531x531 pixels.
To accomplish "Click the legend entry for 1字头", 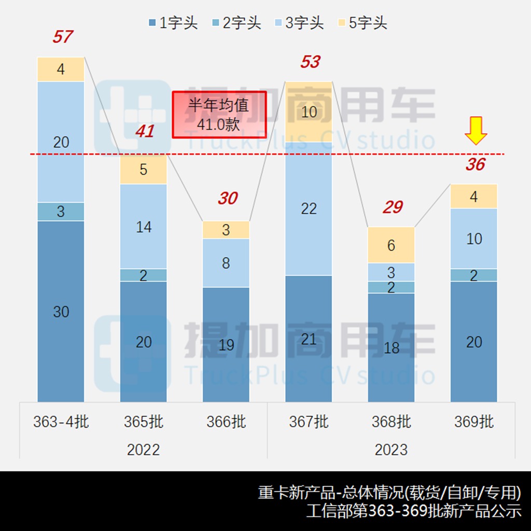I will click(173, 23).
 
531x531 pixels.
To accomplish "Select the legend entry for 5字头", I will click(362, 23).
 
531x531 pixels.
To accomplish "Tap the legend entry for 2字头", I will click(236, 23).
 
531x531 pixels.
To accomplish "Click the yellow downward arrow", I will click(476, 131).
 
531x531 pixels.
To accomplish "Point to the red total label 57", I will click(62, 37).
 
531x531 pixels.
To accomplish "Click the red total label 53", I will click(310, 62).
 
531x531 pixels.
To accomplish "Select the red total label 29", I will click(393, 207).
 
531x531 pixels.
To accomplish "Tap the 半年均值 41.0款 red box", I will click(219, 115).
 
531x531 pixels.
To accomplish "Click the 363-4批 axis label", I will click(61, 422).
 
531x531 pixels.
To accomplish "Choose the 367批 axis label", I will click(309, 422).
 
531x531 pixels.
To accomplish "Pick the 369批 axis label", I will click(474, 422).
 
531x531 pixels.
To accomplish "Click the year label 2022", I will click(143, 450).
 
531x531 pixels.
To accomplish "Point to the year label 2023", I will click(391, 450).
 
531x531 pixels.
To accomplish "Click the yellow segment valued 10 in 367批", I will click(309, 112).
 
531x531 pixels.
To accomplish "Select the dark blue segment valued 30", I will click(61, 311).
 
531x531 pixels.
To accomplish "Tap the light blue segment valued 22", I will click(309, 209).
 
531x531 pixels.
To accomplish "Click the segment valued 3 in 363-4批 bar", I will click(61, 212).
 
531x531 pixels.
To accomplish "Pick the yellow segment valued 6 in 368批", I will click(391, 245).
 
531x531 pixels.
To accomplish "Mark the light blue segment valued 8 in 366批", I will click(226, 263).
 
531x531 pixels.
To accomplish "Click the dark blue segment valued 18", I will click(391, 347).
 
